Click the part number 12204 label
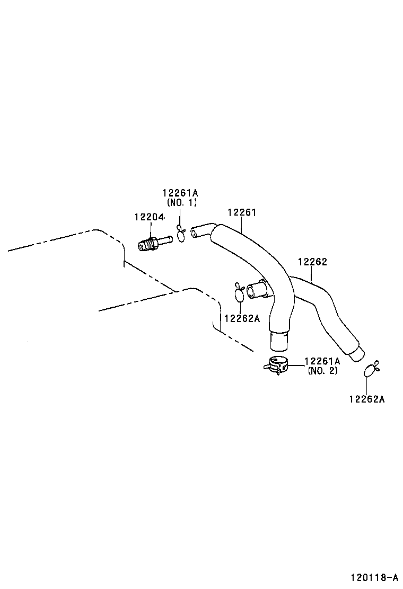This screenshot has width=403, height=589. tap(149, 217)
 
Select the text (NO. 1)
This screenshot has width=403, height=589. tap(182, 203)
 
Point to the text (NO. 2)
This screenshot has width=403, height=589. tap(322, 371)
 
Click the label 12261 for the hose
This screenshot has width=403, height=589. tap(242, 212)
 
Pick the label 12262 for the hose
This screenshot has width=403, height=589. tap(312, 262)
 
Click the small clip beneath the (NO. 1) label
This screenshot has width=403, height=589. tap(181, 233)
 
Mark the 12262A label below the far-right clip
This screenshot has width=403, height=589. tap(366, 399)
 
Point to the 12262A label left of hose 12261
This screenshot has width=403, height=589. tap(242, 318)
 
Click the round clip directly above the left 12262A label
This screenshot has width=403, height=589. tap(239, 293)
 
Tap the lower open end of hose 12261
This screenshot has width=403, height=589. tap(279, 341)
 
